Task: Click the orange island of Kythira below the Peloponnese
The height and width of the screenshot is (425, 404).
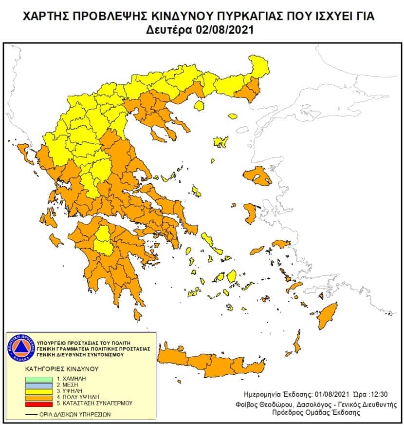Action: click(x=138, y=316)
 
